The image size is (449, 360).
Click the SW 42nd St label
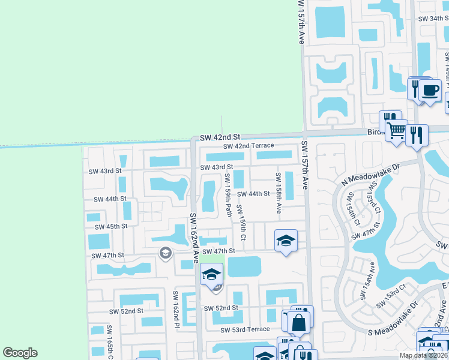click(x=220, y=137)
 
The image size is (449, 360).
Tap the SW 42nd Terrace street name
click(x=249, y=146)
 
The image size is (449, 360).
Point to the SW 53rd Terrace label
click(x=245, y=329)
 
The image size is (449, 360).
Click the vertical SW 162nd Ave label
click(x=194, y=238)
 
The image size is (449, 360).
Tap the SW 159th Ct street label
click(x=241, y=223)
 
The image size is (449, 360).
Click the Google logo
click(x=20, y=353)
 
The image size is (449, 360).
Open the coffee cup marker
click(x=429, y=92)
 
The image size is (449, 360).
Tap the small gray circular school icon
click(x=164, y=254)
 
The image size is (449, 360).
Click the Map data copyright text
click(x=423, y=355)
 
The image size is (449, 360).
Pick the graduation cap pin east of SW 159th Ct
click(x=286, y=241)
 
